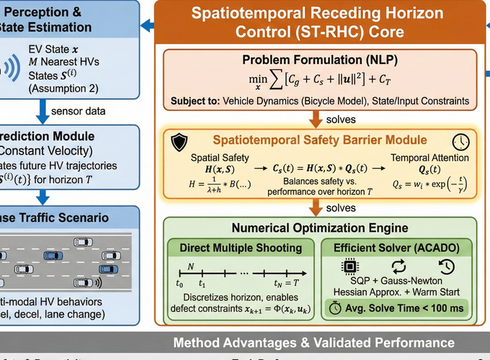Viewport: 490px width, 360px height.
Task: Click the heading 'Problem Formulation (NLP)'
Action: [x=319, y=59]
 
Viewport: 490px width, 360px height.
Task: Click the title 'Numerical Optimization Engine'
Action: [x=319, y=228]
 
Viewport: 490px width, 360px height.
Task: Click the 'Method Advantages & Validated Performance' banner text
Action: [x=313, y=343]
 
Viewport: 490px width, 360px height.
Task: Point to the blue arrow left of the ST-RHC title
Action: [x=147, y=26]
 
